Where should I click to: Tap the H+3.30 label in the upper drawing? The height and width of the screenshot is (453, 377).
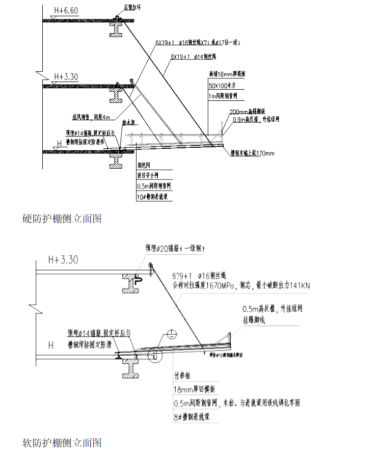pyautogui.click(x=64, y=77)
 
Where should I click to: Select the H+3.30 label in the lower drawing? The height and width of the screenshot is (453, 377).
pyautogui.click(x=64, y=260)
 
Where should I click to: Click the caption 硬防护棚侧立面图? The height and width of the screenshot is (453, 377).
pyautogui.click(x=63, y=219)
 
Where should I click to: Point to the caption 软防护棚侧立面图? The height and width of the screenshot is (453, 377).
pyautogui.click(x=63, y=442)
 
